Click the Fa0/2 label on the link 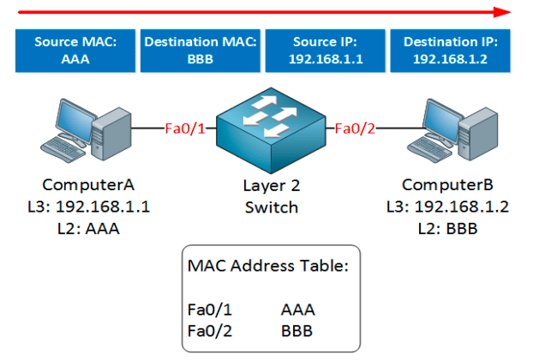pyautogui.click(x=354, y=129)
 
